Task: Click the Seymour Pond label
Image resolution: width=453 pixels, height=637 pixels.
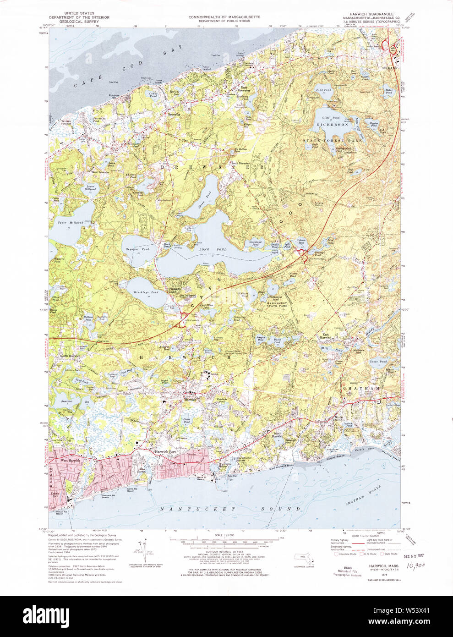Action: click(137, 249)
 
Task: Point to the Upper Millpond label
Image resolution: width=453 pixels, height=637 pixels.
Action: click(70, 223)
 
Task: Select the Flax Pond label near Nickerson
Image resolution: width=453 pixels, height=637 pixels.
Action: click(324, 90)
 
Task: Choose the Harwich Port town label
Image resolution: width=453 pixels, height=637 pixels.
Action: click(165, 452)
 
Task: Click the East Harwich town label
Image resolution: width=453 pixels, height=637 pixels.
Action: click(326, 336)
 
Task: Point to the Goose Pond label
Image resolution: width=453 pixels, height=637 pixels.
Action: click(378, 362)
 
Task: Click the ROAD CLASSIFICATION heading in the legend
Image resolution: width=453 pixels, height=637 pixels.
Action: click(366, 536)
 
